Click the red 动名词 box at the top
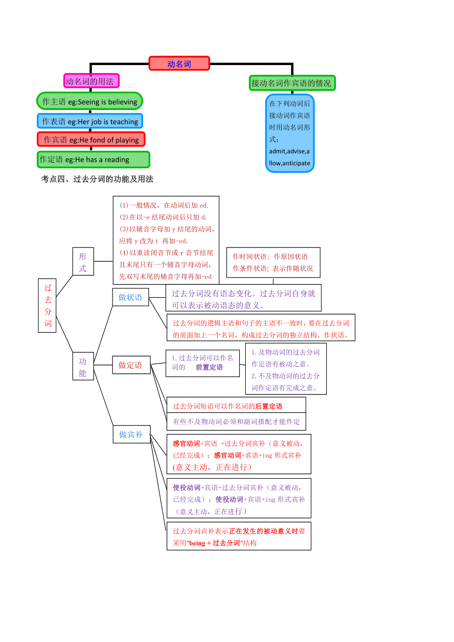(x=179, y=64)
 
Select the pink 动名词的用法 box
(x=91, y=81)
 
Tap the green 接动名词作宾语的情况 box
(x=292, y=83)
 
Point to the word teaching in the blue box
(x=124, y=122)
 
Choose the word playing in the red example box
(x=128, y=140)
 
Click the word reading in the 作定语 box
(x=117, y=160)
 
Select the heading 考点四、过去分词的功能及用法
(x=97, y=179)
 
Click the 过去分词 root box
(x=48, y=306)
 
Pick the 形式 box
(x=83, y=262)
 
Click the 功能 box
(x=83, y=367)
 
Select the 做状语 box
(x=130, y=297)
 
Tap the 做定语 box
(x=130, y=365)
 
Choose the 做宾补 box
(x=131, y=434)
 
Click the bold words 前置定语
(x=209, y=367)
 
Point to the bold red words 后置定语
(x=269, y=406)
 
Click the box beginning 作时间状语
(x=273, y=262)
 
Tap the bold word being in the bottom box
(x=197, y=543)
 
